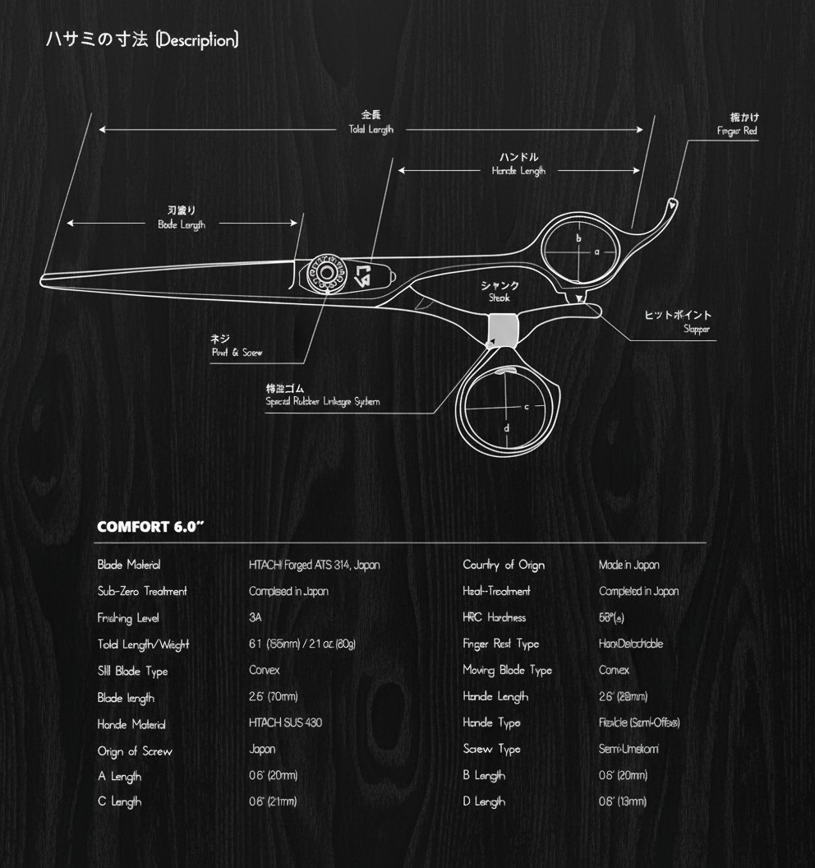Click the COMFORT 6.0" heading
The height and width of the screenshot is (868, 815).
pos(150,527)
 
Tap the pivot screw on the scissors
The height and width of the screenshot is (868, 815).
pos(326,274)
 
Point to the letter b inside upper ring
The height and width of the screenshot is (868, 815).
pos(578,238)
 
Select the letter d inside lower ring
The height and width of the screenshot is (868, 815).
pos(507,427)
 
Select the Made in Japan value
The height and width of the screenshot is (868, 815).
pos(629,565)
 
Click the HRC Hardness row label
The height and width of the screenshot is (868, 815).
pos(494,617)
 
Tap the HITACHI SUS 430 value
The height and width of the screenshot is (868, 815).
pos(285,723)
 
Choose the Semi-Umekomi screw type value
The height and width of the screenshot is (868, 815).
pos(629,749)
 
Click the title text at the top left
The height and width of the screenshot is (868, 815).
pos(143,39)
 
